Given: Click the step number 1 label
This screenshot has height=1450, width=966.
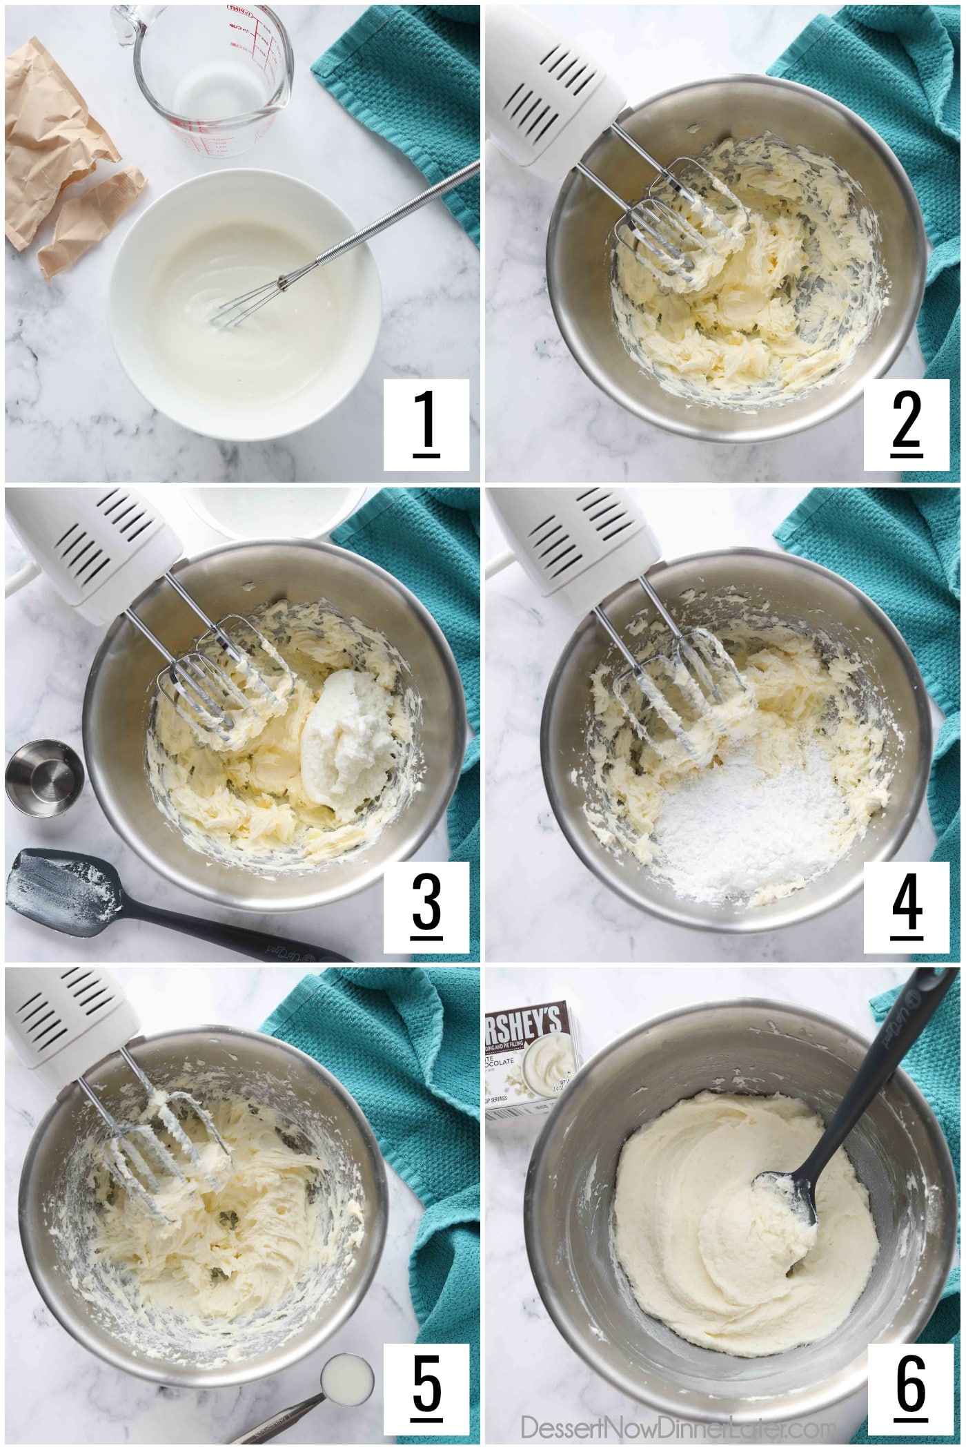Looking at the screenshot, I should pyautogui.click(x=426, y=424).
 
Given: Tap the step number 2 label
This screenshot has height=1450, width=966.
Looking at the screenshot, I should pyautogui.click(x=906, y=424).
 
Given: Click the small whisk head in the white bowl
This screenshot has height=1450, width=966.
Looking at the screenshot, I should pyautogui.click(x=238, y=307).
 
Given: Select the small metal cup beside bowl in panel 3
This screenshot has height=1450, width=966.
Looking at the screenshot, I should pyautogui.click(x=45, y=777).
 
